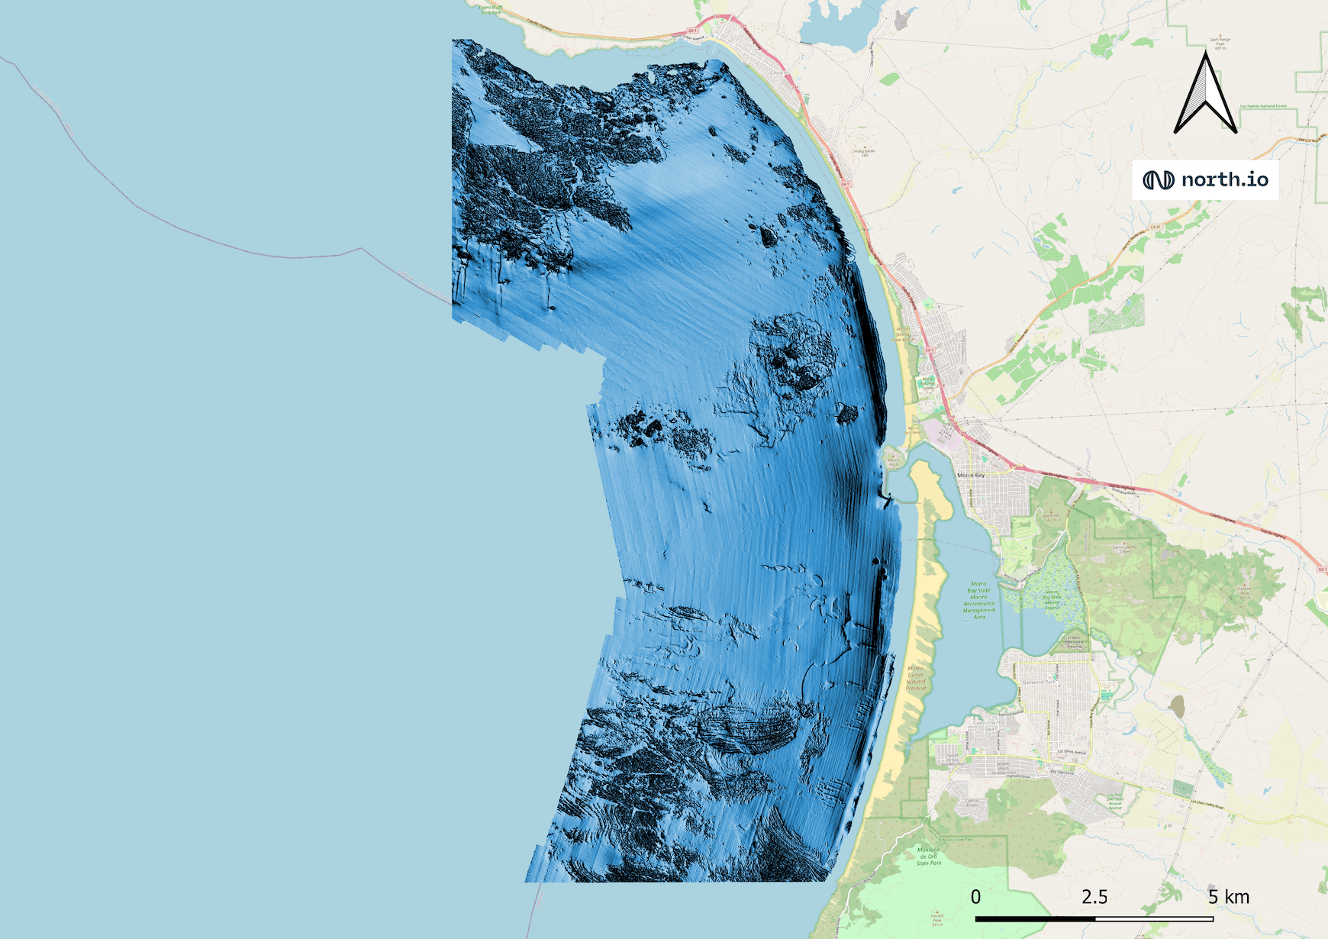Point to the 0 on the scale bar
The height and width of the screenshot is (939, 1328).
click(x=975, y=897)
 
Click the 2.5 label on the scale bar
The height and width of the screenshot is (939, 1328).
click(x=1094, y=897)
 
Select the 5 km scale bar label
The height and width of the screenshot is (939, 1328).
click(x=1229, y=897)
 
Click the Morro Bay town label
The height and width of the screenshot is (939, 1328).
click(x=971, y=475)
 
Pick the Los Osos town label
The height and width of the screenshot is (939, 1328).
click(x=1054, y=764)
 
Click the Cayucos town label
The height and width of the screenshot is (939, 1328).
click(x=778, y=73)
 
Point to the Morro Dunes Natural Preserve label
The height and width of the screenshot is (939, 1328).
click(x=915, y=678)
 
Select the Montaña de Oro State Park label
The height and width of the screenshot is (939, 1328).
click(x=929, y=856)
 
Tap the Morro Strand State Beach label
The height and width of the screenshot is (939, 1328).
click(x=903, y=334)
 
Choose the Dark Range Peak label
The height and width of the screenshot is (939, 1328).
click(x=1220, y=43)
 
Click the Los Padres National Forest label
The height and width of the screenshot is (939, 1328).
click(x=1263, y=106)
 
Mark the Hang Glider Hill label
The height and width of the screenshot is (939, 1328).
click(x=865, y=153)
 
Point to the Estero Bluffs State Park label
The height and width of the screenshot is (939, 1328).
click(x=491, y=10)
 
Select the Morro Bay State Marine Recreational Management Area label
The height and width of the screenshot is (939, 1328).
click(x=978, y=601)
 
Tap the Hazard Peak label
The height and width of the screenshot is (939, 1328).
click(x=937, y=920)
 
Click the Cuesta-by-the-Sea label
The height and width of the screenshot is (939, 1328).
click(x=989, y=724)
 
